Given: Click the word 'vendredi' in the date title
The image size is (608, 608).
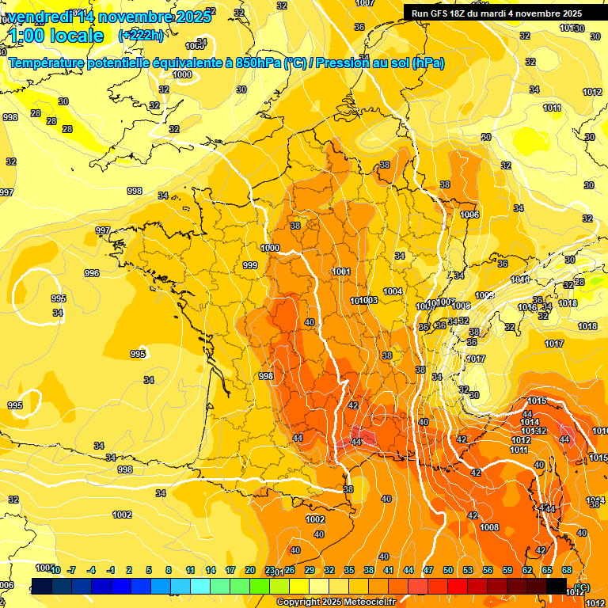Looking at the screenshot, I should point(39,16).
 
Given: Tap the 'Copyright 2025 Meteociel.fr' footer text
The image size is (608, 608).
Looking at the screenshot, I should point(336,602).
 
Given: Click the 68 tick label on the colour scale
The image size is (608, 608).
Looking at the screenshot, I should point(567,570).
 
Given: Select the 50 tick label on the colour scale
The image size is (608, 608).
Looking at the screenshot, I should point(448,570).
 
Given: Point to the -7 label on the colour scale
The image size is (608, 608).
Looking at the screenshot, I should point(71,570).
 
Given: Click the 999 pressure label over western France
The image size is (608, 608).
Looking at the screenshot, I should point(250,265).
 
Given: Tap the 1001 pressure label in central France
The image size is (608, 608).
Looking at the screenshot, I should point(342,272).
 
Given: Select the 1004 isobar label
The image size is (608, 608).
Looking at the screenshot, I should point(393,291).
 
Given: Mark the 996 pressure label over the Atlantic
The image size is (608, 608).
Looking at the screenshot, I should point(92,273).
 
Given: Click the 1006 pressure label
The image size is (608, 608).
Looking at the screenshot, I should point(469,215).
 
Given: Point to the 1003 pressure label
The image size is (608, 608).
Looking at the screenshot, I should point(368,301).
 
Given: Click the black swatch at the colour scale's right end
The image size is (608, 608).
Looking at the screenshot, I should point(557,585).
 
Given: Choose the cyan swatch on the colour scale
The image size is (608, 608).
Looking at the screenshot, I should point(200,585).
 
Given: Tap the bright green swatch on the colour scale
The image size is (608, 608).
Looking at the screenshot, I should point(260,585).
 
